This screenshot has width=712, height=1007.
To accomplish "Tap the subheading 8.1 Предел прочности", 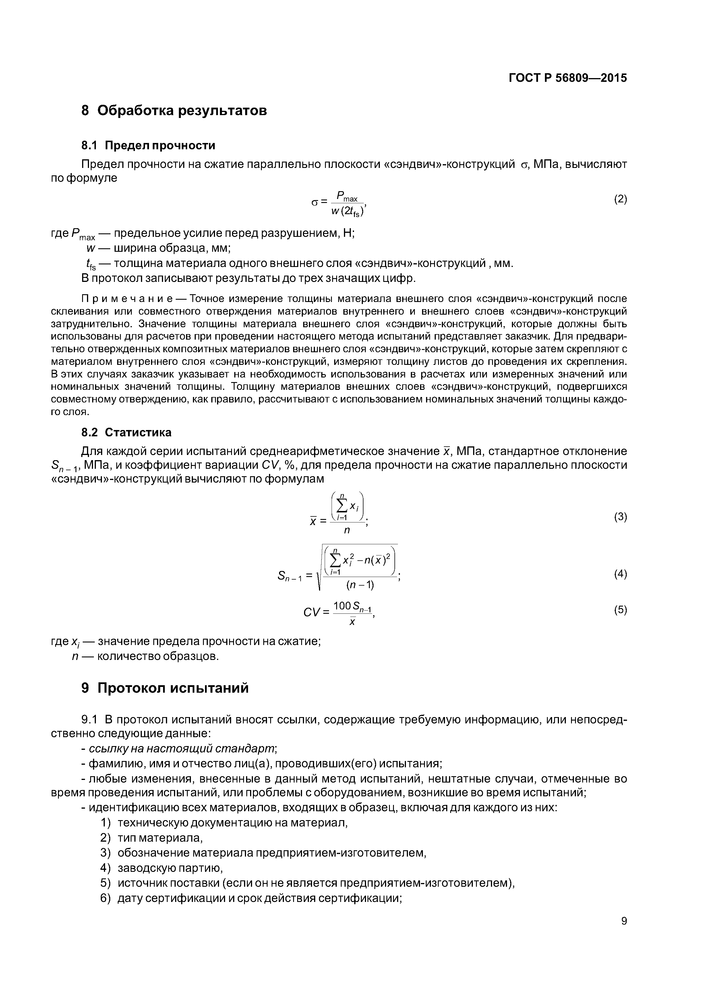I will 148,145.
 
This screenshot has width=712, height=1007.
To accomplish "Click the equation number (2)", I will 620,199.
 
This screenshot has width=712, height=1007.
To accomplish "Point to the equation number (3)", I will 620,517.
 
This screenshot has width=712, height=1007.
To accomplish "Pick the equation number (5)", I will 620,610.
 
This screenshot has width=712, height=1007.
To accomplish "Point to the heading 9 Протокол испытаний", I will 165,688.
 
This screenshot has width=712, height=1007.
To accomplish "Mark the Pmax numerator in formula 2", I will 347,196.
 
